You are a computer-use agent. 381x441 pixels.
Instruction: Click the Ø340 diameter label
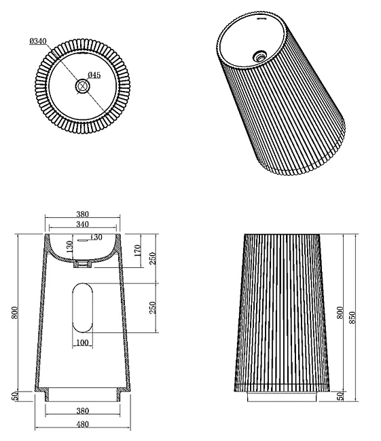pyautogui.click(x=38, y=41)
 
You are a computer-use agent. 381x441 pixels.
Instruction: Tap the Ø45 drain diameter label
pyautogui.click(x=94, y=75)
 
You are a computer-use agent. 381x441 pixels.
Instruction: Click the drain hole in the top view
pyautogui.click(x=82, y=86)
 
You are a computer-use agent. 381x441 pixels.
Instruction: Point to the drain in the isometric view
pyautogui.click(x=259, y=56)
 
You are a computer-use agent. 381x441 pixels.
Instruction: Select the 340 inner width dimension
pyautogui.click(x=82, y=224)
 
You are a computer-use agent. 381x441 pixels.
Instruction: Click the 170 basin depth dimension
pyautogui.click(x=138, y=250)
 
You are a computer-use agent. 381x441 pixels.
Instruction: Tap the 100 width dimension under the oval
pyautogui.click(x=82, y=343)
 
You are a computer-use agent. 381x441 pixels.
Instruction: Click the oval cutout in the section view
pyautogui.click(x=82, y=308)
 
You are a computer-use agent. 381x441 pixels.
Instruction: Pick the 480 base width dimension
pyautogui.click(x=82, y=424)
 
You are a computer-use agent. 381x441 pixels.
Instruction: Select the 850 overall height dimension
pyautogui.click(x=352, y=318)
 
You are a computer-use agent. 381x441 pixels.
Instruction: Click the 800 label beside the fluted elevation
pyautogui.click(x=340, y=313)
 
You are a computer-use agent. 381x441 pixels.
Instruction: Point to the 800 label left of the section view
pyautogui.click(x=15, y=313)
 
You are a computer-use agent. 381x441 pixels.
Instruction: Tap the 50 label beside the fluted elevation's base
pyautogui.click(x=340, y=396)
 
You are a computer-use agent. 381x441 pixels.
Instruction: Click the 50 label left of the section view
pyautogui.click(x=16, y=396)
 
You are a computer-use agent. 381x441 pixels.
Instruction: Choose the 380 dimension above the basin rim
pyautogui.click(x=82, y=214)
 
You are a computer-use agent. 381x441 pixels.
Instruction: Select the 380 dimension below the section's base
pyautogui.click(x=82, y=411)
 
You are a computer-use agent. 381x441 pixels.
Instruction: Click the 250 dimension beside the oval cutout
pyautogui.click(x=152, y=308)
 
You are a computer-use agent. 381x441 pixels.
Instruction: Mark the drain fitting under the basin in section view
pyautogui.click(x=82, y=264)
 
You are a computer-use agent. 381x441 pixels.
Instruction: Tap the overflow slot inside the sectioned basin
pyautogui.click(x=83, y=240)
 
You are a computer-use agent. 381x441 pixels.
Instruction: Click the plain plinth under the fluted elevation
pyautogui.click(x=282, y=397)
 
